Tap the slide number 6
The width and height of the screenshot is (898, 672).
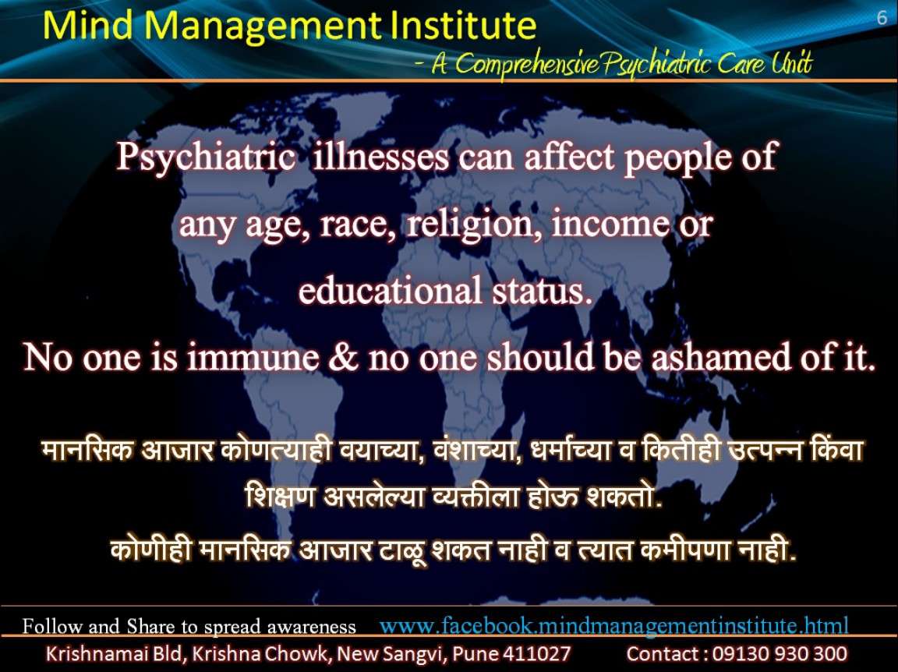882,18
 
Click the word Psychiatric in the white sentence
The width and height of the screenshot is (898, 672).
206,157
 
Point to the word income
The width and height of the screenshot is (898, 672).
610,224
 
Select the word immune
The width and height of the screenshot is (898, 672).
253,357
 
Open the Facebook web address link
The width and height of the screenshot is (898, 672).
614,625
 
